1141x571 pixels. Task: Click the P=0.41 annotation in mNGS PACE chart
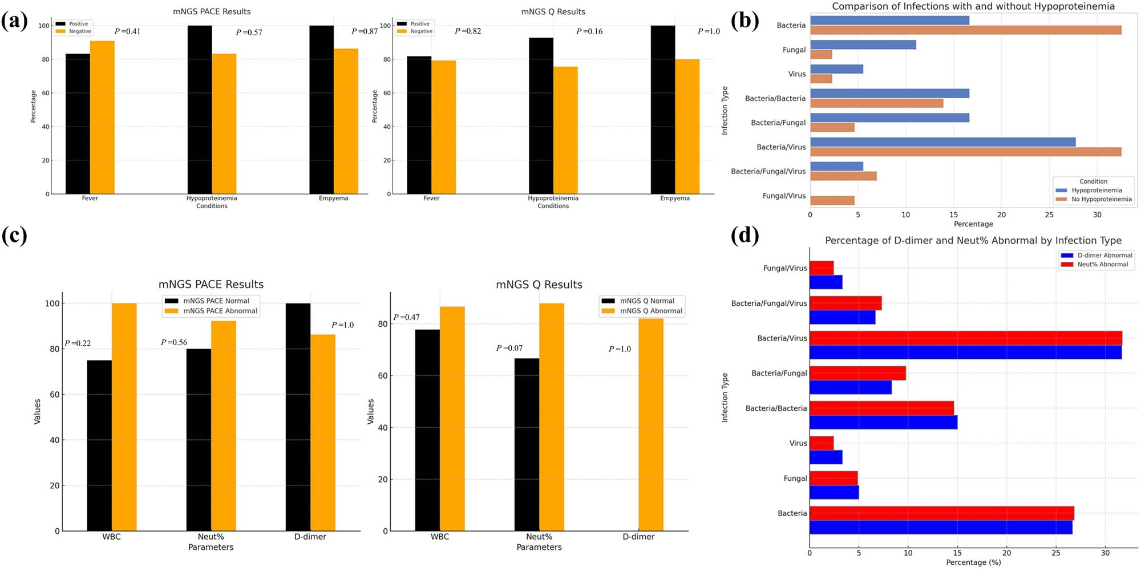tap(127, 31)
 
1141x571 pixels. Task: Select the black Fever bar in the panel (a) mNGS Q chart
tap(419, 125)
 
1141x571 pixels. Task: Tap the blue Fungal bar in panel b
tap(863, 44)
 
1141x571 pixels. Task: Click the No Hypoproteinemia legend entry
tap(1101, 199)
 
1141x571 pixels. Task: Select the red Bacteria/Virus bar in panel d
tap(965, 338)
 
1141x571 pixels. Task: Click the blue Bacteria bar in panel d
tap(940, 527)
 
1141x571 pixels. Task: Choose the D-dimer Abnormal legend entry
tap(1104, 256)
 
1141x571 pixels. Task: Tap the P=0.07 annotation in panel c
tap(509, 348)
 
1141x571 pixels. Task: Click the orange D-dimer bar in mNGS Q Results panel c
tap(650, 425)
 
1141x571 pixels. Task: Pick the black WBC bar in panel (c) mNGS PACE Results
tap(99, 446)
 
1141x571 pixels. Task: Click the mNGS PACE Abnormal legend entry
tap(220, 311)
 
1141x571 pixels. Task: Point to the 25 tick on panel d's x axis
tap(1056, 553)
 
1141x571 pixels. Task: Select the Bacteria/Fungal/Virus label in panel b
tap(768, 171)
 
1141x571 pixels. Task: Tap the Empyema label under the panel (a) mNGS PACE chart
tap(333, 199)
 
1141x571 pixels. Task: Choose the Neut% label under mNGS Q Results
tap(539, 537)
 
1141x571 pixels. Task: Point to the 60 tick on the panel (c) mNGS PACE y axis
tap(54, 394)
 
